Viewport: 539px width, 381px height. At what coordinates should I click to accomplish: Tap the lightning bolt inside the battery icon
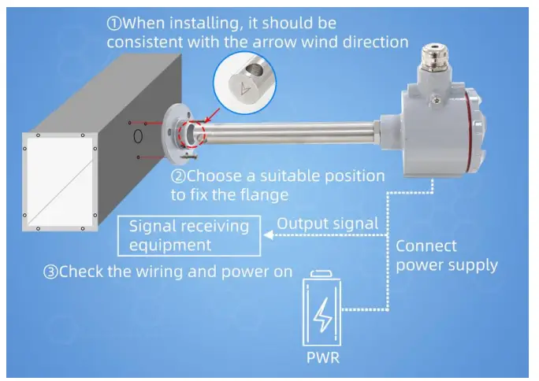[x=323, y=316]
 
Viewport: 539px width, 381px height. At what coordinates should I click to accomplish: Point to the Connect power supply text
[x=446, y=254]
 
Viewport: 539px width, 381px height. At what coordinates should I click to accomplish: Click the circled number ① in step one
[x=115, y=22]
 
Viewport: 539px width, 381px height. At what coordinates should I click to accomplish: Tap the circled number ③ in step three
[x=51, y=272]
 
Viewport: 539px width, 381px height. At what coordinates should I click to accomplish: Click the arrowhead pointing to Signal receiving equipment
[x=269, y=234]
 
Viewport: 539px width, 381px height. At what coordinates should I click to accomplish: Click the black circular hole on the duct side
[x=139, y=135]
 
